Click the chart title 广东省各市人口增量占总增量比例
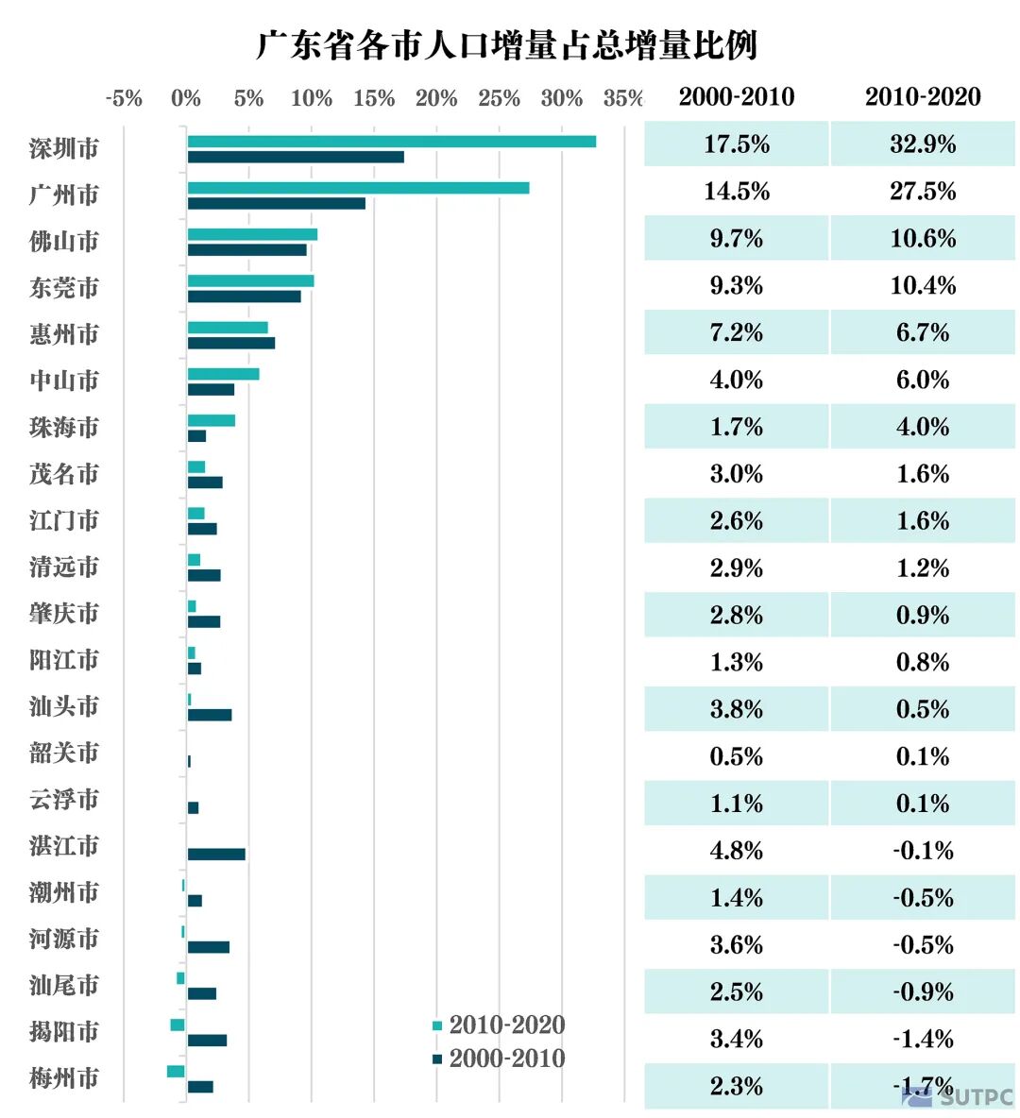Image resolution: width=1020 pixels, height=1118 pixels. coord(507,44)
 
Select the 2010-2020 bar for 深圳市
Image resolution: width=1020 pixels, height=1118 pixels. coord(391,142)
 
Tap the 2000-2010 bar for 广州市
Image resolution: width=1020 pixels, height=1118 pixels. coord(276,203)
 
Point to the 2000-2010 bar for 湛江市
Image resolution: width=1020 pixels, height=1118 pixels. coord(216,854)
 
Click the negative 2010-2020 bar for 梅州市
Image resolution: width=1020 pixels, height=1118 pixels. coord(176,1071)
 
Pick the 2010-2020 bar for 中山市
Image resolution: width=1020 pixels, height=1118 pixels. coord(223,374)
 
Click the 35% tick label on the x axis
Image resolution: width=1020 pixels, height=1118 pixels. coord(622,98)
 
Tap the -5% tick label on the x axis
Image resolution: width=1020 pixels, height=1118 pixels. coord(124,98)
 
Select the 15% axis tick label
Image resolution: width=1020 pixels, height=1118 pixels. coord(374,98)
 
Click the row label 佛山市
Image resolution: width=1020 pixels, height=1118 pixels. coord(64,242)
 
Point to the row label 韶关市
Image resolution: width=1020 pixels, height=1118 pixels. coord(64,754)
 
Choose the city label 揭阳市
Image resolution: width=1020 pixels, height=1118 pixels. coord(64,1032)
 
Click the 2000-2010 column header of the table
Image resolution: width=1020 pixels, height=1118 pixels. coord(737,97)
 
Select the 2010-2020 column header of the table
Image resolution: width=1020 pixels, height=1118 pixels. coord(923,97)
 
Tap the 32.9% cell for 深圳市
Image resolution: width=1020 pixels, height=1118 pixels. coord(923,144)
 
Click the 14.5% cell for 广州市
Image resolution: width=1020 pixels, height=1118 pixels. coord(737,192)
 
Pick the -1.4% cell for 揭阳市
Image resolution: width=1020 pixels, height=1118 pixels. coord(923,1040)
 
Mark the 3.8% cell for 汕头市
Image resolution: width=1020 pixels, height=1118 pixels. coord(737,709)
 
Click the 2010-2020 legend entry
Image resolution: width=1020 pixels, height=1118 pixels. coord(498,1025)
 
